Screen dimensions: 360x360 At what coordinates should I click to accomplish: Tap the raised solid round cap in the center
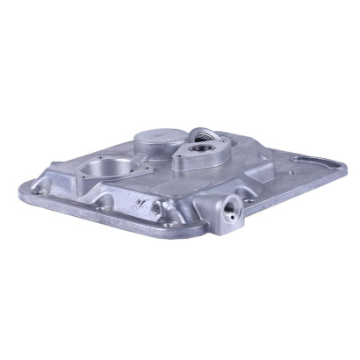coord(158,141)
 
